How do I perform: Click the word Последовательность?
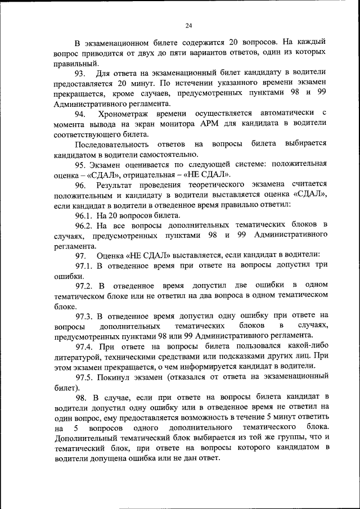[111, 145]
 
